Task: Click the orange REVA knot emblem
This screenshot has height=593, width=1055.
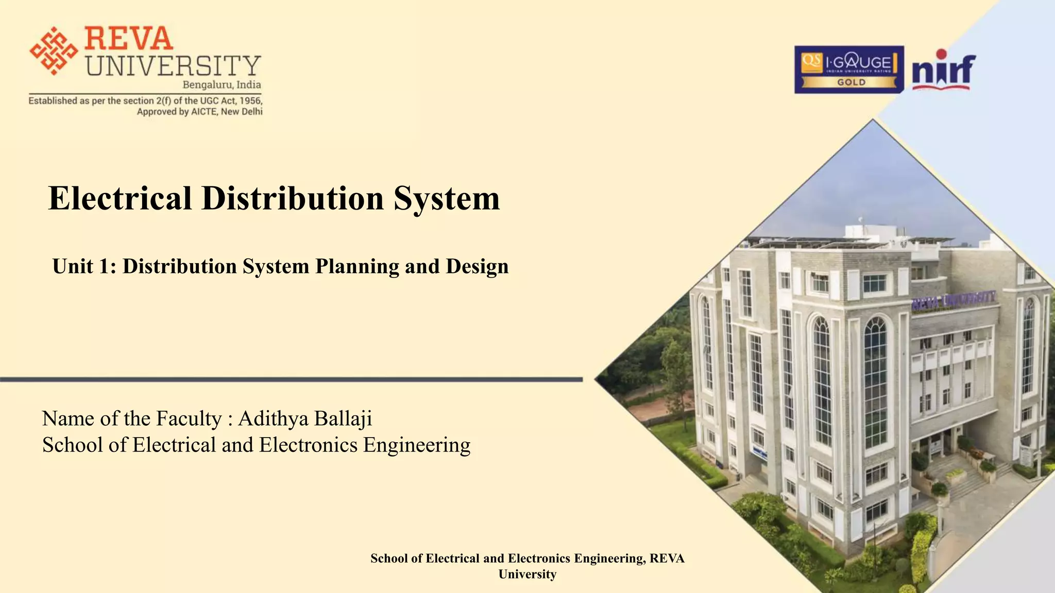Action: (x=54, y=50)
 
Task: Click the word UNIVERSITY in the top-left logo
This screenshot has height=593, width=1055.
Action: (x=173, y=66)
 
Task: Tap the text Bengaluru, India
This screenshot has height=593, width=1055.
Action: (x=222, y=85)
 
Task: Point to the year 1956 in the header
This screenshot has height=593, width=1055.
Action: (x=250, y=101)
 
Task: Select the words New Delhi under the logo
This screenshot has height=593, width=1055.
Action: (x=242, y=112)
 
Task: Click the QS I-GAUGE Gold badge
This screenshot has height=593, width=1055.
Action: (x=848, y=69)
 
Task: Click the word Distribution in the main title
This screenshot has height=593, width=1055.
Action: (x=293, y=198)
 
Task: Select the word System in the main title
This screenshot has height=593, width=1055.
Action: (x=447, y=198)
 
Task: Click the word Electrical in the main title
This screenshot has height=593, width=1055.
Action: (x=120, y=198)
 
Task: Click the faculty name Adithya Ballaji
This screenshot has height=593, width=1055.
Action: (x=305, y=418)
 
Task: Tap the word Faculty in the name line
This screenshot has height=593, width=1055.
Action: (x=189, y=418)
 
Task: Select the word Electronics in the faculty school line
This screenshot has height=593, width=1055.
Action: (x=308, y=445)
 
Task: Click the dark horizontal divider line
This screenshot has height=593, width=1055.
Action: (x=291, y=379)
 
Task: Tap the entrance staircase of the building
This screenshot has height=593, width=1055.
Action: (x=968, y=481)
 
